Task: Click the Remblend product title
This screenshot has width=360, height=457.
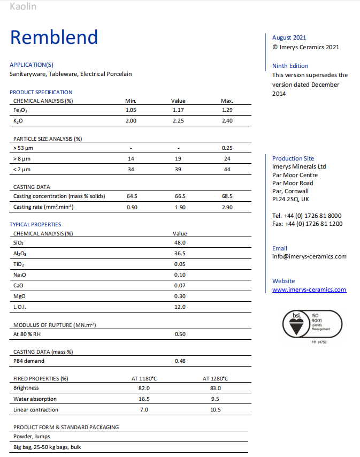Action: [x=54, y=37]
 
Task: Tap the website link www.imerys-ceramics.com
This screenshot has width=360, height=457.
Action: [x=309, y=290]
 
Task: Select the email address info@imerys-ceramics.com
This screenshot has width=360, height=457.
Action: [x=309, y=256]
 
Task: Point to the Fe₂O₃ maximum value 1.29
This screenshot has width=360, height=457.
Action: [x=227, y=110]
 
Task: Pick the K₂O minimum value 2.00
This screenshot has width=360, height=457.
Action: [x=131, y=121]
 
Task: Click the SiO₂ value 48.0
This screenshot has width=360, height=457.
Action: [x=180, y=242]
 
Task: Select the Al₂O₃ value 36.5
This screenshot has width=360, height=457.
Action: [x=180, y=253]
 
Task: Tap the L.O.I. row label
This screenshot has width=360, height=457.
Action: [x=20, y=307]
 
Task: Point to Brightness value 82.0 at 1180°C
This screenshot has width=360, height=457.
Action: [x=144, y=388]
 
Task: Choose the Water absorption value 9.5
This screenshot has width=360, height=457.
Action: [x=215, y=399]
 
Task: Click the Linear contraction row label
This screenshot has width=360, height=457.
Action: [x=36, y=409]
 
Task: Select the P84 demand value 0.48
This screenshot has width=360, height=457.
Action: [x=180, y=361]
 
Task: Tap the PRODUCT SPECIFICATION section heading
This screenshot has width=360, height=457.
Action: [x=41, y=92]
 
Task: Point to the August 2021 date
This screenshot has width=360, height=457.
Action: [x=289, y=37]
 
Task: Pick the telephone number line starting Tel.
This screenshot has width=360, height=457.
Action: [x=307, y=216]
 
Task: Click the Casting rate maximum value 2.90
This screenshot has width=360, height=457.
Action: [x=227, y=207]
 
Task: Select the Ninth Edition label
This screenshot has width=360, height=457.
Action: [x=290, y=66]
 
